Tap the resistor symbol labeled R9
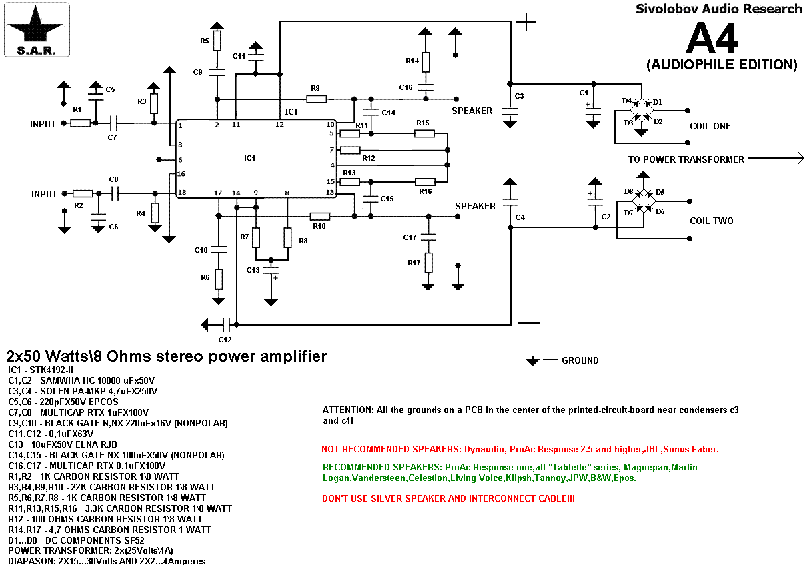pyautogui.click(x=316, y=99)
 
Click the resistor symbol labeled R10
pyautogui.click(x=320, y=216)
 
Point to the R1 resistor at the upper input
pyautogui.click(x=80, y=123)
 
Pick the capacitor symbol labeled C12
pyautogui.click(x=227, y=325)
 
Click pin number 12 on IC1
pyautogui.click(x=280, y=124)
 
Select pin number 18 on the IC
pyautogui.click(x=181, y=193)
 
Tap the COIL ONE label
pyautogui.click(x=710, y=126)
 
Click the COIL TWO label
pyautogui.click(x=711, y=221)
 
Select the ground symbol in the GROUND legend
pyautogui.click(x=532, y=361)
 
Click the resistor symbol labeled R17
pyautogui.click(x=428, y=263)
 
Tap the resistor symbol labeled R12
pyautogui.click(x=349, y=150)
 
